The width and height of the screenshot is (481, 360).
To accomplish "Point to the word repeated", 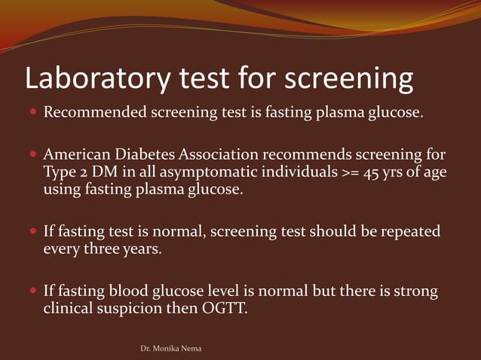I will [410, 231].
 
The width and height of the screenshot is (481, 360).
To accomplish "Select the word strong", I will [416, 290].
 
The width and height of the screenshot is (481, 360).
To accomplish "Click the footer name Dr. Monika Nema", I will [171, 349].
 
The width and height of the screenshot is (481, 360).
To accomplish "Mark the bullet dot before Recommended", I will [33, 114].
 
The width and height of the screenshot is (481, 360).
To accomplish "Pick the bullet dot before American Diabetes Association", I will [33, 156].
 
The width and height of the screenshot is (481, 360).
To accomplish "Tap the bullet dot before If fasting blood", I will [33, 291].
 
